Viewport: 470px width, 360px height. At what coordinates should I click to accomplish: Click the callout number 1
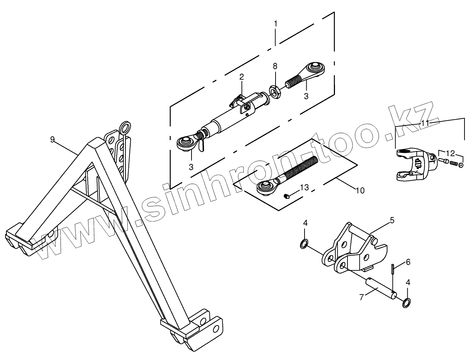[276, 24]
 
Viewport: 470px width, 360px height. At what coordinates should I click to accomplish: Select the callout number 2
[241, 77]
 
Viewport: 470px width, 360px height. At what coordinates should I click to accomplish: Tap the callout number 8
[275, 66]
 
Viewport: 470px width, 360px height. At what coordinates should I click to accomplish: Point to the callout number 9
[52, 139]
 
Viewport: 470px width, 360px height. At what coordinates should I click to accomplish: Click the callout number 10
[360, 191]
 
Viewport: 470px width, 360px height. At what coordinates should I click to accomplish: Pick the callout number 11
[425, 124]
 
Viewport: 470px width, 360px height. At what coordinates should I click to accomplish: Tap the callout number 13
[305, 188]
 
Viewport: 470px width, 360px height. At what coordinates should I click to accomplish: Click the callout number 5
[392, 220]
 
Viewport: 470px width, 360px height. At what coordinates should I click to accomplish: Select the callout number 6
[408, 262]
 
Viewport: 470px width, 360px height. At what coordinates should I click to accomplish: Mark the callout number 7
[362, 297]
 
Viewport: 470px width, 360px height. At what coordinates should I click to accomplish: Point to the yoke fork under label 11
[414, 165]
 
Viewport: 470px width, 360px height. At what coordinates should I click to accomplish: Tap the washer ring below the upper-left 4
[304, 244]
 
